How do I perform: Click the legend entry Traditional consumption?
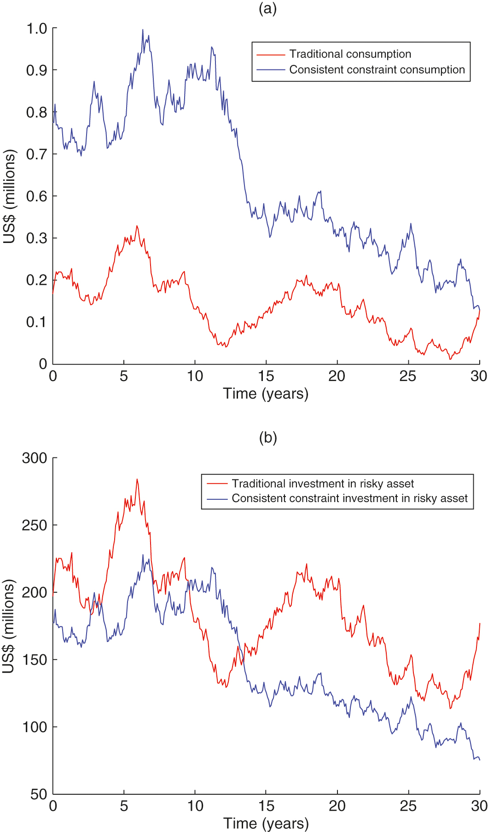tap(350, 54)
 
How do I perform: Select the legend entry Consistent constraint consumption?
tap(377, 70)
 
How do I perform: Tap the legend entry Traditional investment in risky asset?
tap(322, 484)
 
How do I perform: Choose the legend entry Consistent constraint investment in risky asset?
tap(349, 498)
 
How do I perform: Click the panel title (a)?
tap(267, 8)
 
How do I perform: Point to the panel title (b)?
tap(267, 438)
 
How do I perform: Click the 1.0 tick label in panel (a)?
tap(37, 29)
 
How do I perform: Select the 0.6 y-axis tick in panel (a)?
tap(37, 196)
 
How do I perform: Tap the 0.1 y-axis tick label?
tap(37, 322)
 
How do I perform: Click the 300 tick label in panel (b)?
tap(35, 458)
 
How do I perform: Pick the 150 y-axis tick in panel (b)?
tap(35, 660)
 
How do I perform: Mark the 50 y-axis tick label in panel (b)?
tap(39, 794)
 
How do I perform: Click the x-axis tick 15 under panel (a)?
tap(266, 376)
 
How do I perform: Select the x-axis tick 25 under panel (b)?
tap(408, 806)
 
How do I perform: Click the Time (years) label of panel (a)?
tap(266, 394)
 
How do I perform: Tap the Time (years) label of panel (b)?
tap(266, 823)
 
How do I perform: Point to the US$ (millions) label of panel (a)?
tap(9, 196)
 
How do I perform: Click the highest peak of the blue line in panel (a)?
tap(143, 30)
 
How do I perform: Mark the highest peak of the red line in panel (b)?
tap(137, 479)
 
